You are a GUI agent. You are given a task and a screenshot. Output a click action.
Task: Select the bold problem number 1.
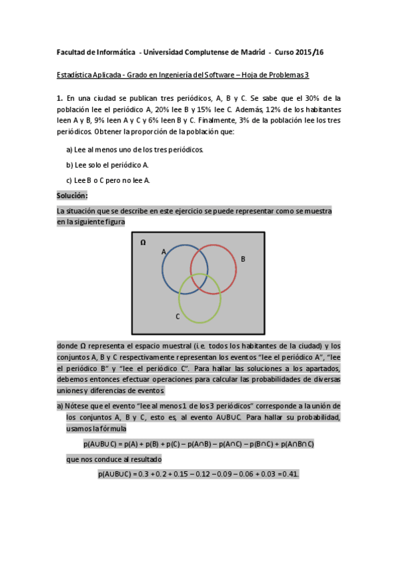[x=59, y=98]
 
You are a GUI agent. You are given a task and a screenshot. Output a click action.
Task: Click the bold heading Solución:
[x=72, y=196]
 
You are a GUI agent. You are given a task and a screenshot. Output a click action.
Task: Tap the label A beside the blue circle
[x=163, y=252]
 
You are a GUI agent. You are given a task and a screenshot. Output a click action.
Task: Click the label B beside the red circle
[x=243, y=259]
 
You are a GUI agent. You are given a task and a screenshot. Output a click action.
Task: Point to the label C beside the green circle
[x=177, y=317]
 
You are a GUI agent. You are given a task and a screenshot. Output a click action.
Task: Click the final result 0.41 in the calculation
[x=290, y=474]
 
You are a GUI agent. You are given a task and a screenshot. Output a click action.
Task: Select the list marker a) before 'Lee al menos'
[x=70, y=150]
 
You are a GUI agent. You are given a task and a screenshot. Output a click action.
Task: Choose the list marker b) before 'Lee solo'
[x=70, y=165]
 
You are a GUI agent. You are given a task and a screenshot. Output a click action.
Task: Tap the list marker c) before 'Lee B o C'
[x=69, y=180]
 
